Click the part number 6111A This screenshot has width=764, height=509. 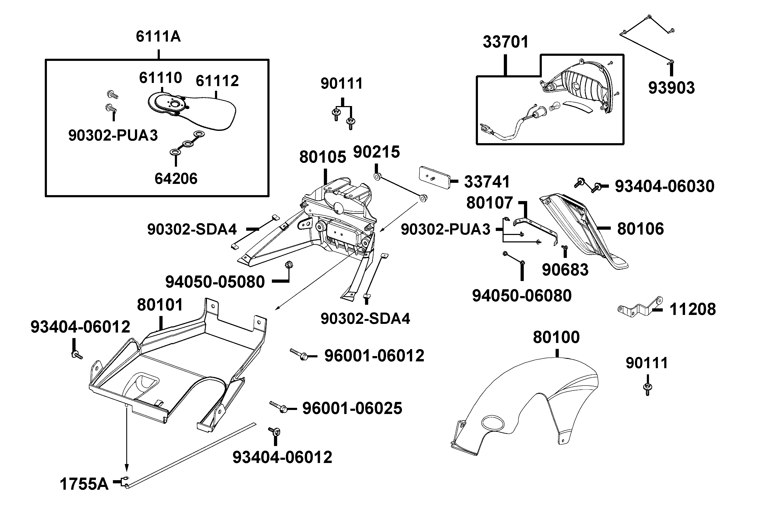[158, 36]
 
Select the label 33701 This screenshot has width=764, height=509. [506, 42]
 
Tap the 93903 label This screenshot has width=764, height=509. [671, 88]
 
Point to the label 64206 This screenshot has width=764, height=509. [176, 179]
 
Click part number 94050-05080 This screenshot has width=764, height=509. [215, 282]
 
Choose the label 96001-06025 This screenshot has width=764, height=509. [352, 408]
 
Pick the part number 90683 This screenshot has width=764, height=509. [565, 270]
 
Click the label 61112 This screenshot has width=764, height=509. [217, 81]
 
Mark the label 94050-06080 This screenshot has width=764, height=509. [522, 296]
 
